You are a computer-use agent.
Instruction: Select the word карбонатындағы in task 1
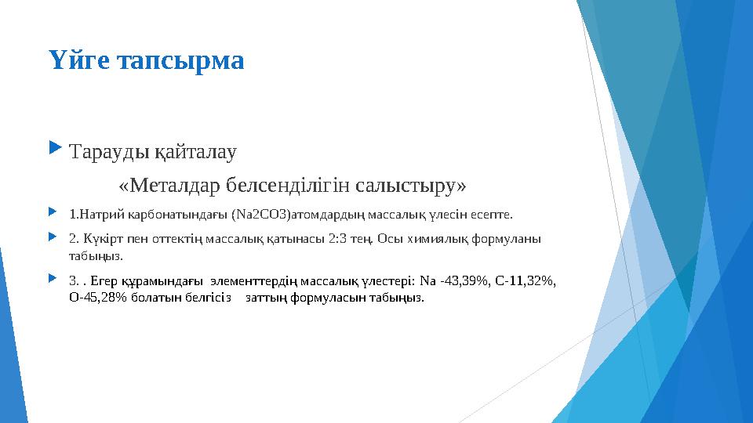[173, 212]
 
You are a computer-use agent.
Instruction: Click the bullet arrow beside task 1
[53, 211]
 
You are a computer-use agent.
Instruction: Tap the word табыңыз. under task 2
[96, 255]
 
